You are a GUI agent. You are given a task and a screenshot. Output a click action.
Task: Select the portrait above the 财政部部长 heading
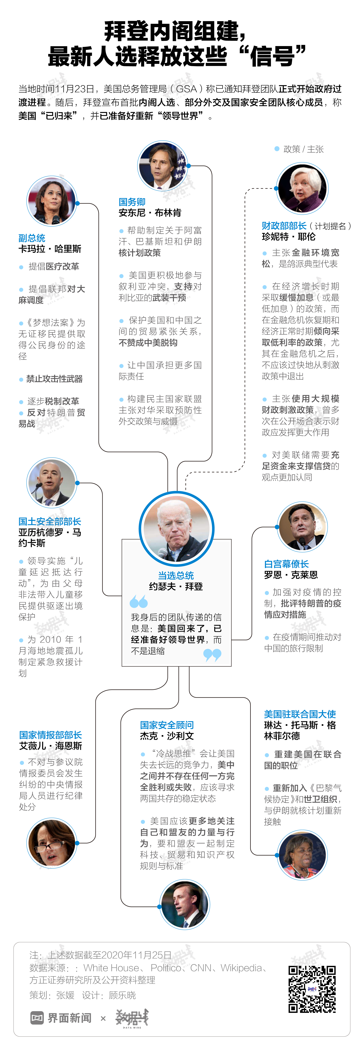tap(302, 188)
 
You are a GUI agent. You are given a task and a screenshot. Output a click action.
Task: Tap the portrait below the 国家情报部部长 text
tap(52, 843)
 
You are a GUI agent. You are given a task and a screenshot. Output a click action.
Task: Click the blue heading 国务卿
tap(132, 202)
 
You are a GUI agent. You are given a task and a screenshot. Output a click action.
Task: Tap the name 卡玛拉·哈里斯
tap(50, 249)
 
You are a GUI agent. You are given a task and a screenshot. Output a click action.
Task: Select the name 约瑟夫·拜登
tap(176, 586)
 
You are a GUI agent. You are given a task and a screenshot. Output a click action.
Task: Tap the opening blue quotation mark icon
tap(138, 601)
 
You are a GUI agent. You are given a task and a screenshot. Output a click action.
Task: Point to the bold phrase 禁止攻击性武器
tap(54, 379)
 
